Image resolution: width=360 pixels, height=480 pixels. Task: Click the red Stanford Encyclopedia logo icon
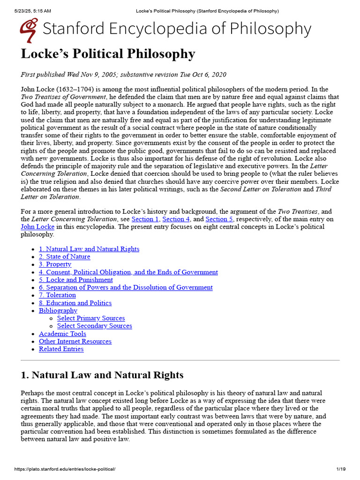click(x=29, y=30)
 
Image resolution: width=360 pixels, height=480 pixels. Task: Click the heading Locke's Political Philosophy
click(x=108, y=54)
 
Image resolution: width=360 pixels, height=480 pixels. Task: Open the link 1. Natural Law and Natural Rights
click(x=89, y=249)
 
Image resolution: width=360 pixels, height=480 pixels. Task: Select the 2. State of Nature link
click(x=64, y=257)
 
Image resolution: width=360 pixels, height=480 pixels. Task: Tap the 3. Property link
click(x=55, y=264)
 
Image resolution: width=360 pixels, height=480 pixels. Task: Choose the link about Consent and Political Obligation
click(x=128, y=272)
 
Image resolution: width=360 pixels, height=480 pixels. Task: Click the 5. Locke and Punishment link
click(x=75, y=280)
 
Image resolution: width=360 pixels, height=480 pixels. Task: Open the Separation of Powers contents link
click(x=126, y=287)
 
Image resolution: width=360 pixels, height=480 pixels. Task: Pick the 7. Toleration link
click(x=57, y=295)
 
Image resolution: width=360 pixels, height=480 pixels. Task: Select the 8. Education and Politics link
click(x=75, y=303)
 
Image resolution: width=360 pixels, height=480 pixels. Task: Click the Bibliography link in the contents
click(x=58, y=310)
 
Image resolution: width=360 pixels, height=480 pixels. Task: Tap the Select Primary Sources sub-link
click(x=91, y=318)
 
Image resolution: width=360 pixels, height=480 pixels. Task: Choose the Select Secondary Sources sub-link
click(x=94, y=326)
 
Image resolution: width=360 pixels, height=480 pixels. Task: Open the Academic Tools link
click(x=62, y=334)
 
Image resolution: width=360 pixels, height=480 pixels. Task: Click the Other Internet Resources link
click(x=75, y=341)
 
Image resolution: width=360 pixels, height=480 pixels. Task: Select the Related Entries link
click(x=61, y=349)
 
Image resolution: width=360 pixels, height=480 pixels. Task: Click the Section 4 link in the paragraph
click(x=173, y=219)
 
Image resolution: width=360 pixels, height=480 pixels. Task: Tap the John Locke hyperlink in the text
click(x=37, y=226)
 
